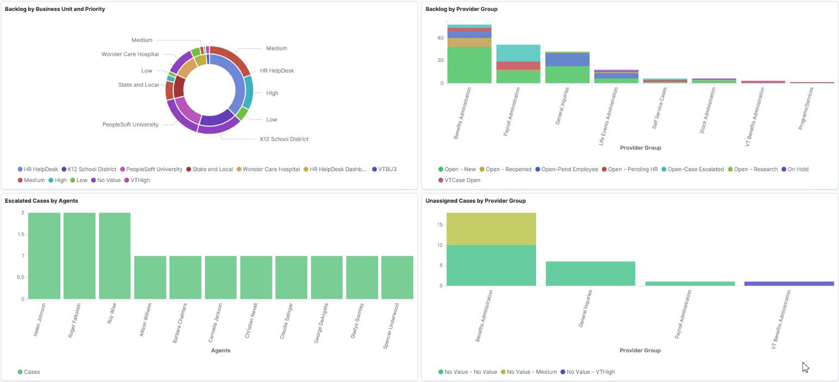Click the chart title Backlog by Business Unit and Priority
tap(55, 9)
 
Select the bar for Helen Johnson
tap(44, 255)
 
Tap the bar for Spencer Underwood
tap(397, 277)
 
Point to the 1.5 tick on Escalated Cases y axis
tap(18, 234)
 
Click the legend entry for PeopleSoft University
tap(154, 169)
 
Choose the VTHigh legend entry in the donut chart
tap(140, 180)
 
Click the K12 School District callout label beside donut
tap(284, 139)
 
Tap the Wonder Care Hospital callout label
tap(130, 54)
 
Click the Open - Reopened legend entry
tap(508, 169)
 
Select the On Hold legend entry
tap(798, 169)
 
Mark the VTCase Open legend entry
tap(462, 180)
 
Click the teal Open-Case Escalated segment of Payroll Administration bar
tap(518, 53)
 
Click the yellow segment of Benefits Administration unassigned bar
tap(491, 229)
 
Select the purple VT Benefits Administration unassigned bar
tap(788, 283)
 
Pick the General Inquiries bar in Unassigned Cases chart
tap(590, 273)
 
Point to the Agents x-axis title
tap(220, 350)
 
